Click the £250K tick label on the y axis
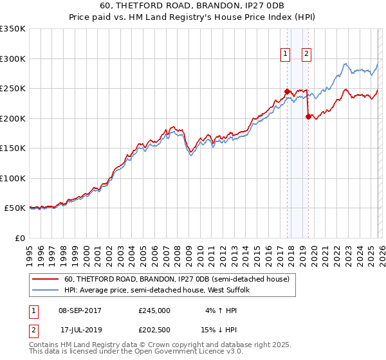click(x=12, y=89)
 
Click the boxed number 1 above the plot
click(x=284, y=54)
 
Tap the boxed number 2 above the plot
click(x=306, y=54)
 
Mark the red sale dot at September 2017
click(x=287, y=91)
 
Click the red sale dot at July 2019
click(x=308, y=117)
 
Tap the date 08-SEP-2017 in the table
click(x=80, y=310)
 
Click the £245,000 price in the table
click(x=154, y=310)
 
